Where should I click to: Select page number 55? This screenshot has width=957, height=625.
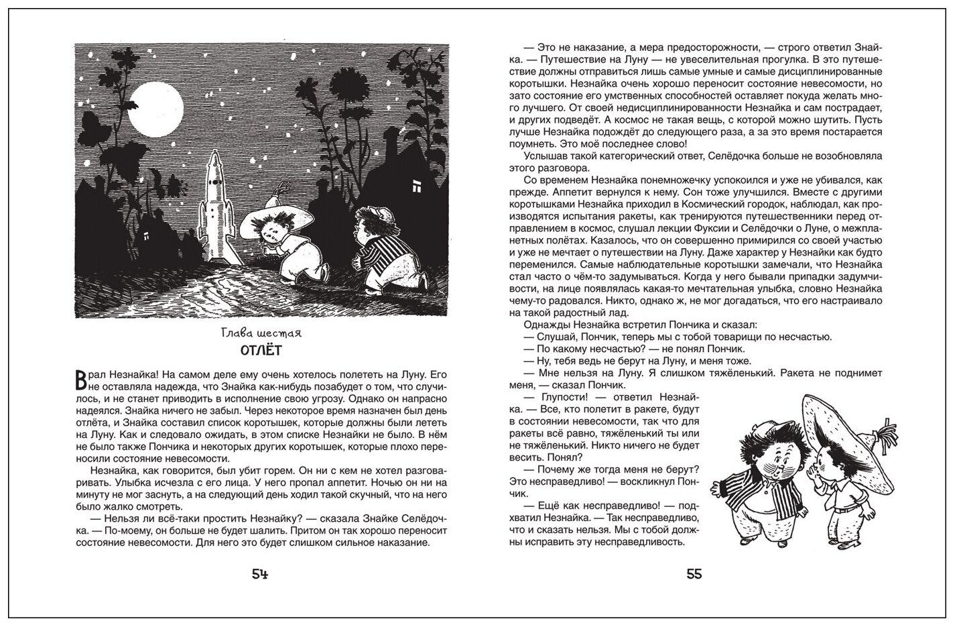pyautogui.click(x=694, y=574)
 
